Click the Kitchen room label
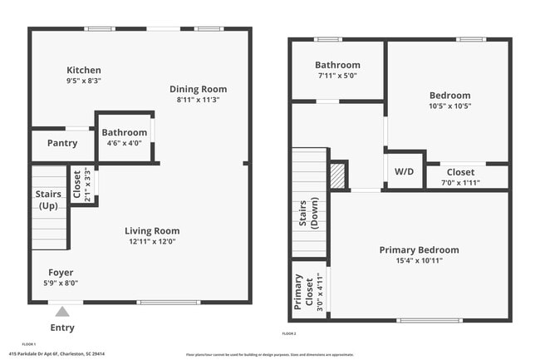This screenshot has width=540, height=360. click(x=84, y=70)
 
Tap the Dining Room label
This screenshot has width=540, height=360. click(x=198, y=89)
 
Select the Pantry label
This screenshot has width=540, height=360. click(x=62, y=143)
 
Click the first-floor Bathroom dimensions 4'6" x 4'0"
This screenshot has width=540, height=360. click(x=124, y=143)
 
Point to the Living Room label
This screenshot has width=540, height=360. click(x=152, y=231)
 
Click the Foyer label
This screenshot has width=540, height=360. click(x=60, y=272)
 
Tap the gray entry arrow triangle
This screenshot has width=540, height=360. click(x=62, y=312)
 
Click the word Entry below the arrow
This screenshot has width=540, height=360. click(x=62, y=328)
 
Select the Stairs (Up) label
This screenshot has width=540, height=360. click(x=48, y=200)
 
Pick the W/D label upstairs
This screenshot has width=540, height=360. click(x=404, y=172)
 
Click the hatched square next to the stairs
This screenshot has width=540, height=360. click(x=337, y=175)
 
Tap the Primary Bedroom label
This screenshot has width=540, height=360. click(x=419, y=249)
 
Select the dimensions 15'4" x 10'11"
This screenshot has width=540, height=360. click(x=419, y=260)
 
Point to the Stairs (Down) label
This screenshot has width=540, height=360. click(x=308, y=215)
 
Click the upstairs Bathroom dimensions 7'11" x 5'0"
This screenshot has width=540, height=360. click(x=337, y=76)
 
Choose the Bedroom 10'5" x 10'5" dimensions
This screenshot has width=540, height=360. click(x=449, y=106)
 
